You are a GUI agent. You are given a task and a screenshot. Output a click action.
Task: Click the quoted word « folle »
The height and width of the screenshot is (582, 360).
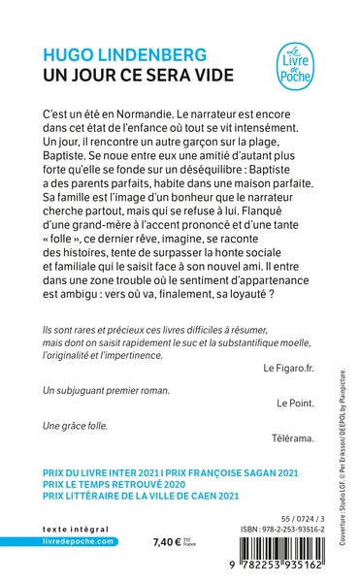[x=71, y=249]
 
